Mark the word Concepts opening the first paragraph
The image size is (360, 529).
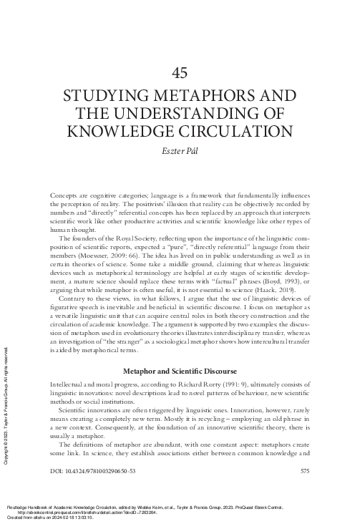pyautogui.click(x=67, y=195)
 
